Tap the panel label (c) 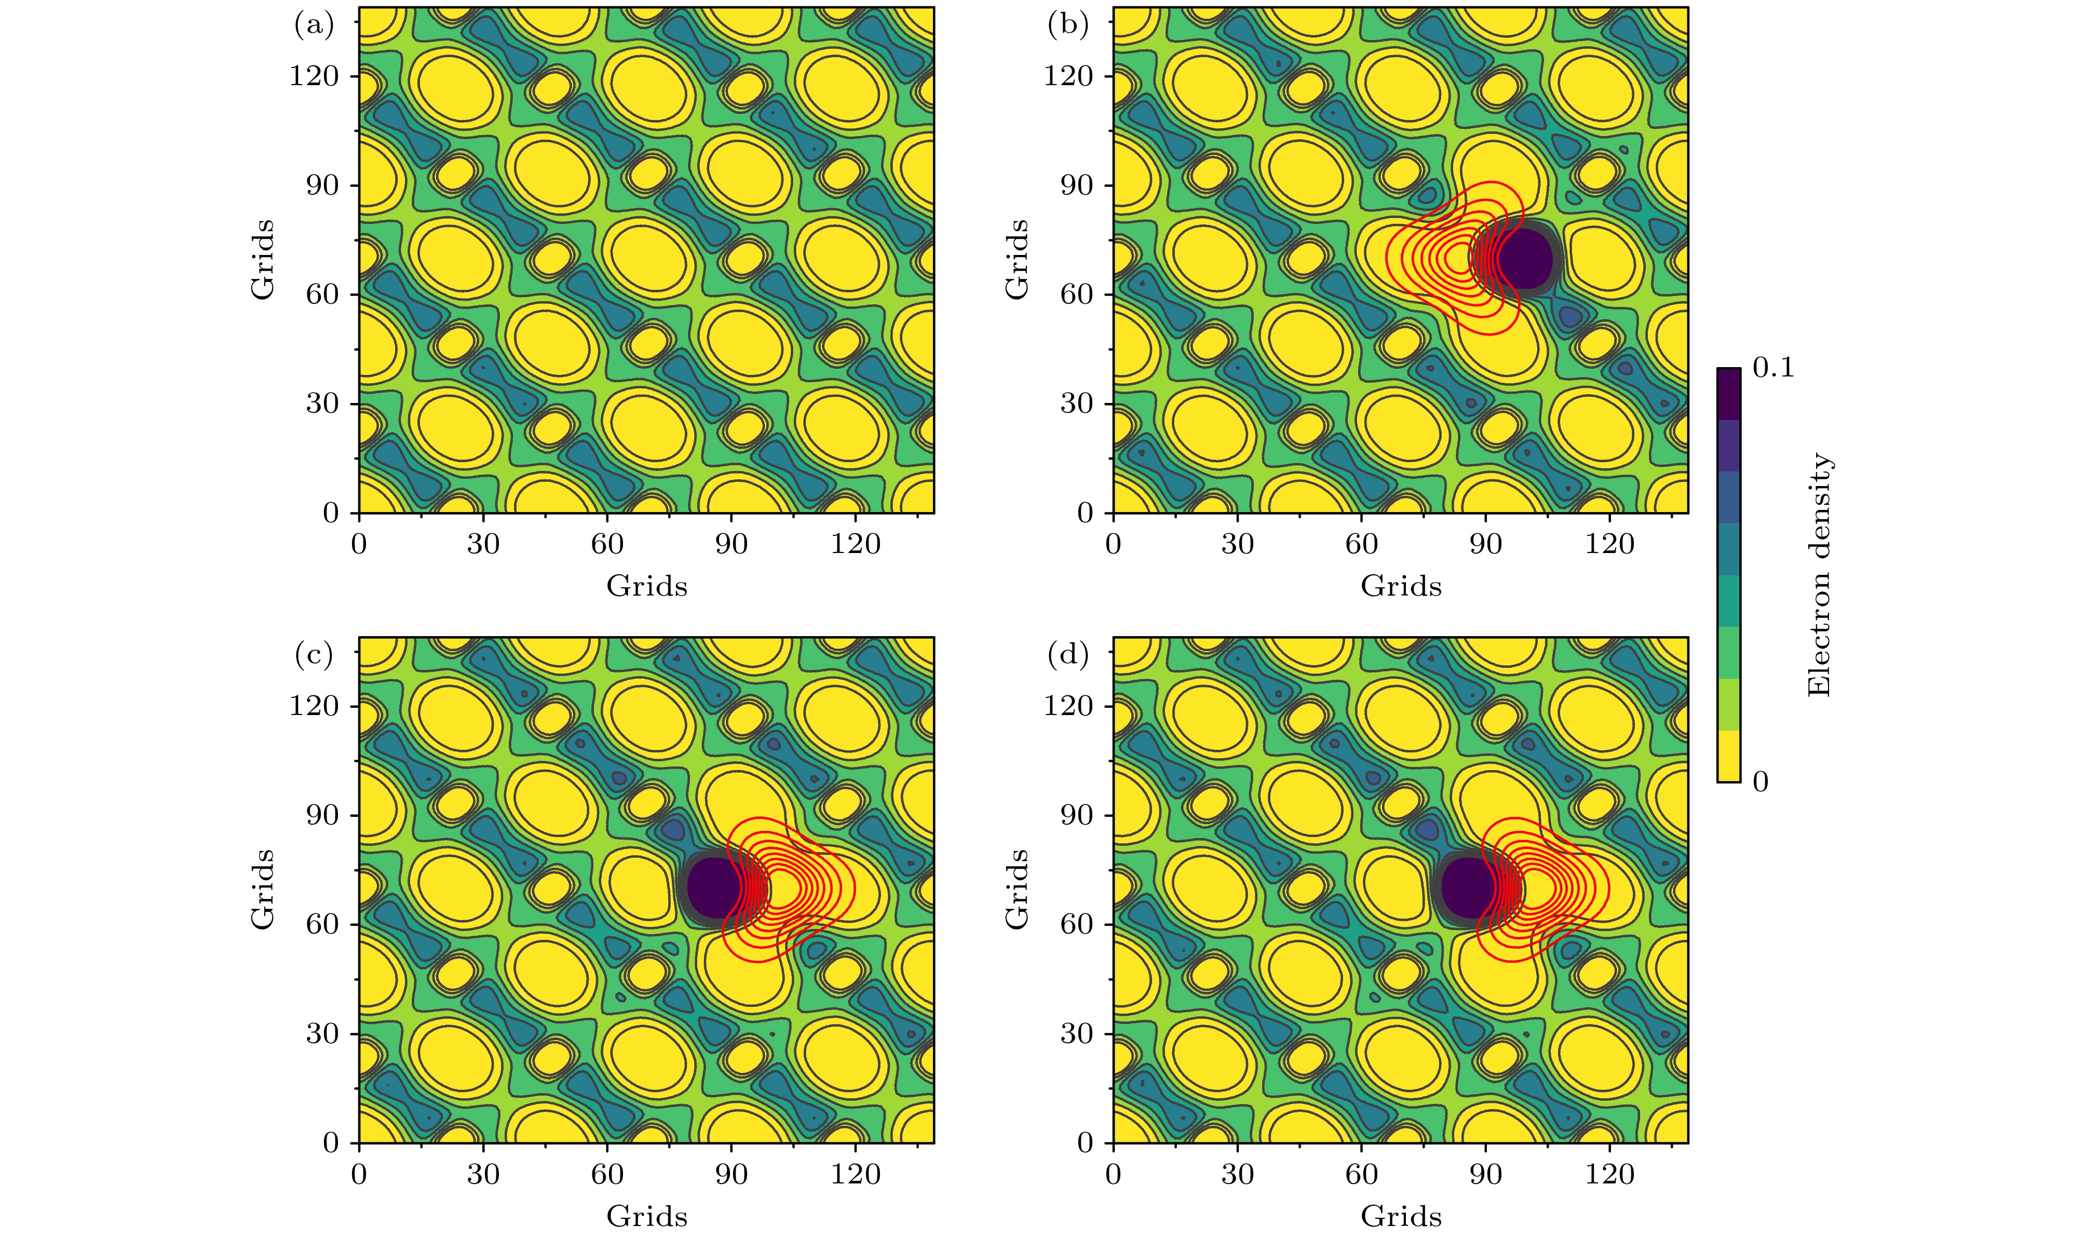pyautogui.click(x=314, y=656)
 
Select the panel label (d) pyautogui.click(x=1067, y=656)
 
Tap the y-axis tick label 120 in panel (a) pyautogui.click(x=314, y=76)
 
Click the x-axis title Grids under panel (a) pyautogui.click(x=647, y=587)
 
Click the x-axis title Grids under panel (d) pyautogui.click(x=1401, y=1217)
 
